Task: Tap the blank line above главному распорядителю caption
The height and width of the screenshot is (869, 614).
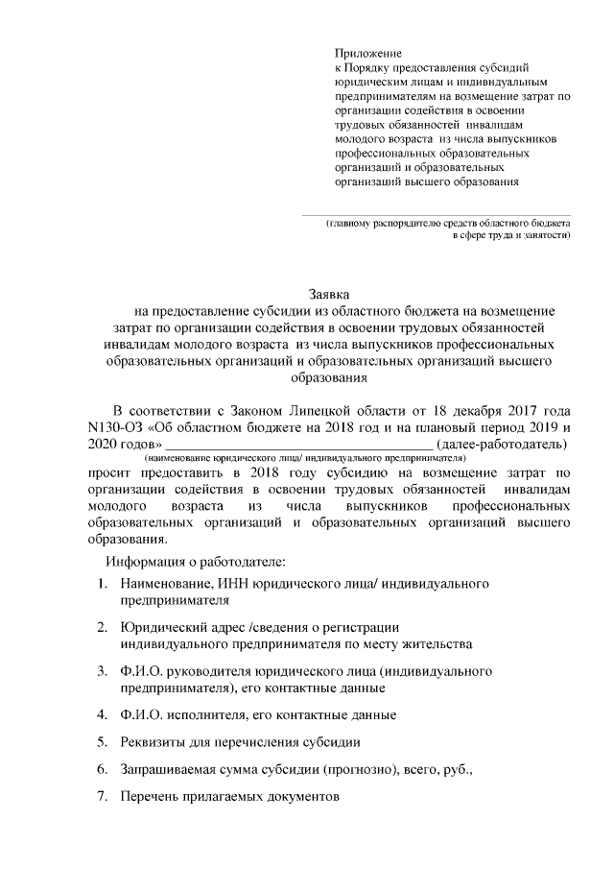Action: pyautogui.click(x=437, y=214)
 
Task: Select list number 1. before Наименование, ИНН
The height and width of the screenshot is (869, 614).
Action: pyautogui.click(x=103, y=584)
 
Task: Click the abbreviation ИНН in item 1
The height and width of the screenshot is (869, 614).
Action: pyautogui.click(x=238, y=584)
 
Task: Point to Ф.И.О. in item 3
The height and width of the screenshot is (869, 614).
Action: pyautogui.click(x=144, y=670)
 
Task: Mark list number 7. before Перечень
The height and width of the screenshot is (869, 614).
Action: pyautogui.click(x=103, y=797)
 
